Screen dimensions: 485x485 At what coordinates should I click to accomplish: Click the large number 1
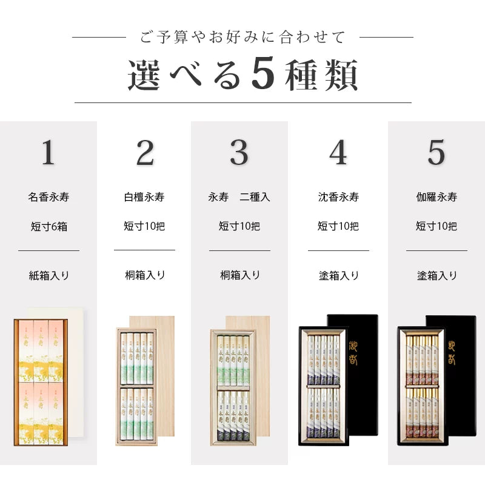point(48,153)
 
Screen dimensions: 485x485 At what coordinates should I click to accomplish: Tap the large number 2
point(144,153)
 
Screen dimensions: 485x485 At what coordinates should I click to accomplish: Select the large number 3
point(239,153)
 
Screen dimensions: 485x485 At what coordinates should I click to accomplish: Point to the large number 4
point(338,153)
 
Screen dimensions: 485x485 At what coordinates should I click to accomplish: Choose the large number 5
point(436,153)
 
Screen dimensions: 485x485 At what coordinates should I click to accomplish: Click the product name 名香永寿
point(48,197)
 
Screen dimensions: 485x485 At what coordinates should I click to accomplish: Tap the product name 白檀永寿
point(144,197)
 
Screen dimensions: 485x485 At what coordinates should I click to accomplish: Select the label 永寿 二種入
point(239,197)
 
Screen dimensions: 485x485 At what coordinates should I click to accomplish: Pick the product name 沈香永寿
point(338,197)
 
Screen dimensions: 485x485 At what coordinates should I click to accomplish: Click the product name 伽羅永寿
point(436,197)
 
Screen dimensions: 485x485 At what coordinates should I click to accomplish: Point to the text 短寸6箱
point(48,227)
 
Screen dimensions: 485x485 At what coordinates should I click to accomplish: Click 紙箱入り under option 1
point(48,275)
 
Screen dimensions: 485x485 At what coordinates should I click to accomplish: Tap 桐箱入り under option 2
point(144,275)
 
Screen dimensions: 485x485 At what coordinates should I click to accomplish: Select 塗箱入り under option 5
point(436,275)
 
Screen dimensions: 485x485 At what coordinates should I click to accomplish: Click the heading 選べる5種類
point(242,75)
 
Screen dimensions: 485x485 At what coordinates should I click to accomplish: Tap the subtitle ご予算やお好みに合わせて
point(242,38)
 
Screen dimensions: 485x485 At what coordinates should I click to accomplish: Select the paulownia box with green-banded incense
point(136,387)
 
